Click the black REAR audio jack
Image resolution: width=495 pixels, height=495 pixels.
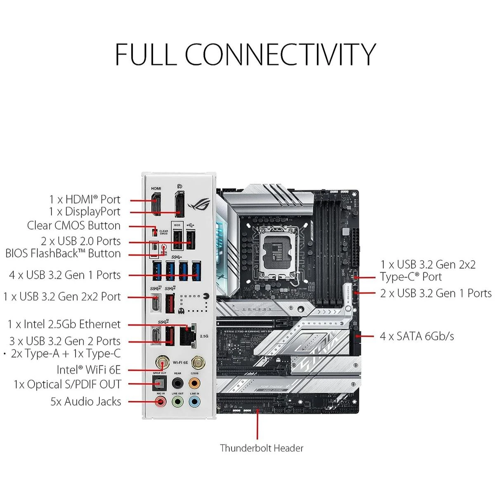coord(177,384)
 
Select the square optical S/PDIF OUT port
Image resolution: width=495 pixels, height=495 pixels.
coord(160,384)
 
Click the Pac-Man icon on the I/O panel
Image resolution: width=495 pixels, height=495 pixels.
coord(206,296)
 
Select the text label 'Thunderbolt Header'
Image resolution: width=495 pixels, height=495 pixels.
coord(262,448)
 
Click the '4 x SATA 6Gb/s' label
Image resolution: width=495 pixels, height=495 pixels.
coord(417,336)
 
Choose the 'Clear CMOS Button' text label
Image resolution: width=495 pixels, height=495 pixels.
coord(74,226)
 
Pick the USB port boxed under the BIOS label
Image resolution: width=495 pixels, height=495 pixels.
coord(177,239)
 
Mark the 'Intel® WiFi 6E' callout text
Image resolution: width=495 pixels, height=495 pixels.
coord(89,369)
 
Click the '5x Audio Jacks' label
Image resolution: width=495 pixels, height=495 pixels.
coord(86,401)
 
